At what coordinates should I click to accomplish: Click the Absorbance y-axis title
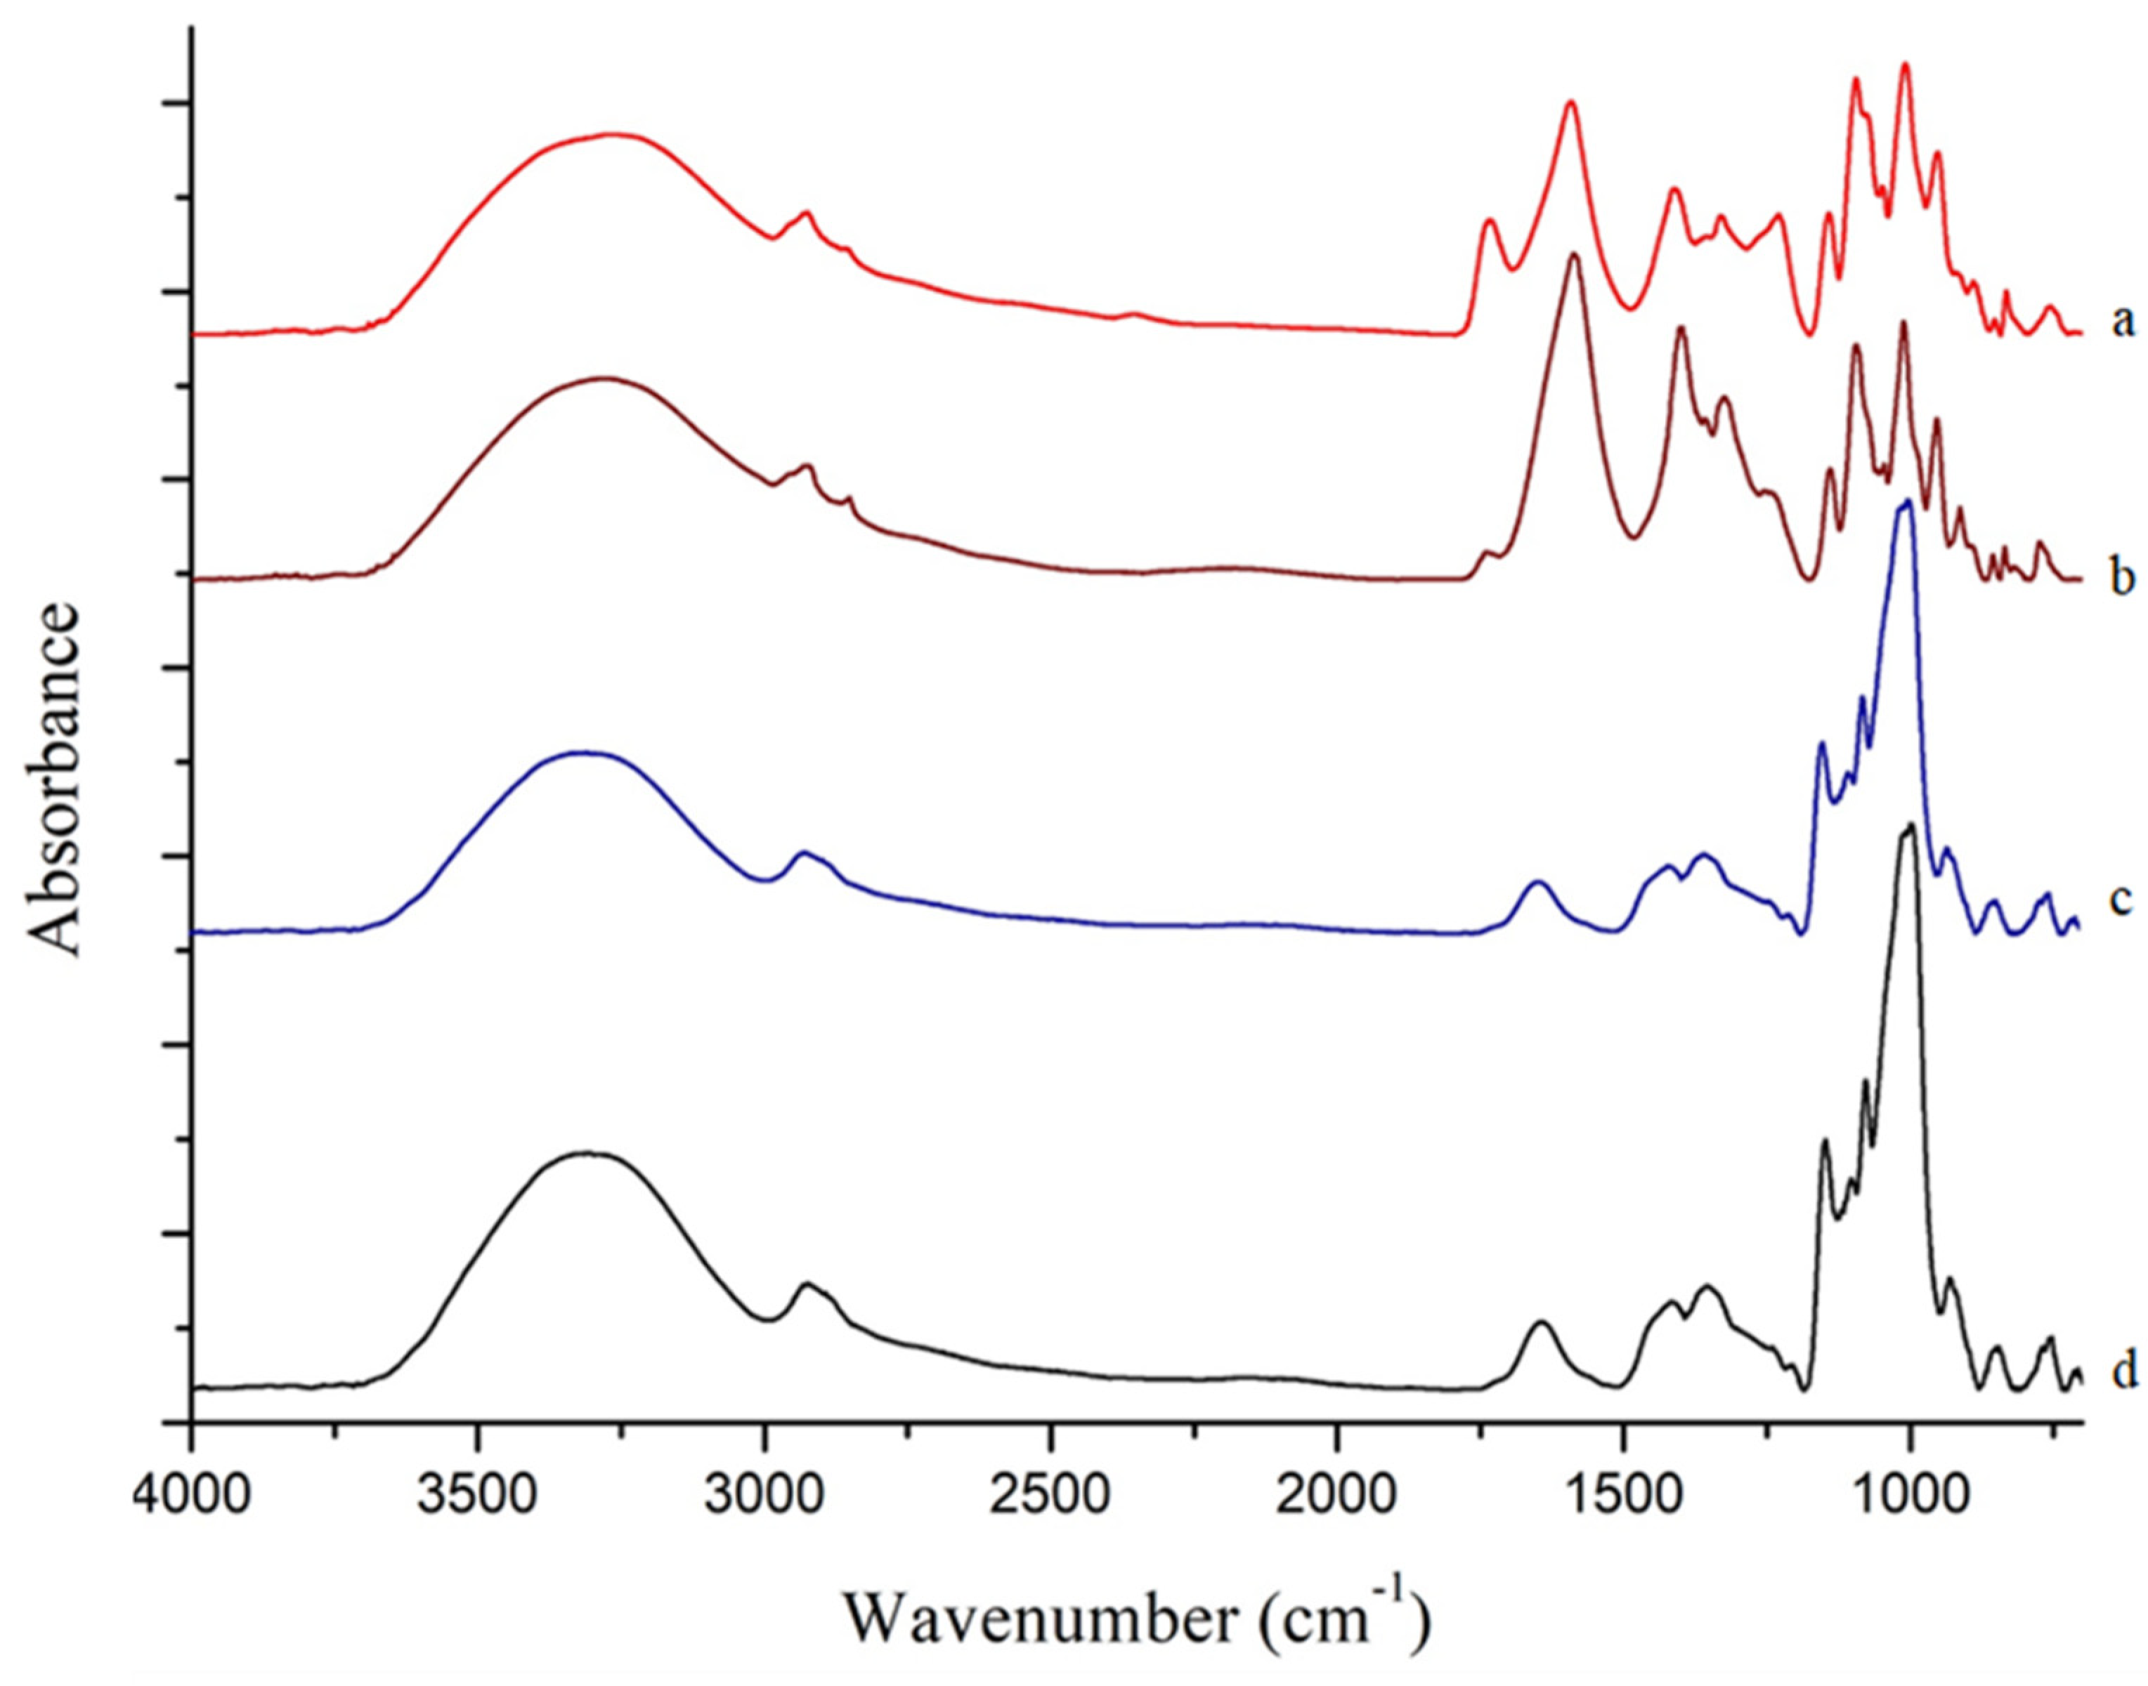(x=54, y=781)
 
